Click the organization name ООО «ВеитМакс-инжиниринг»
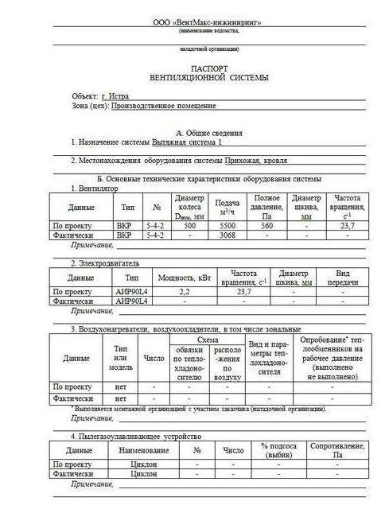tap(207, 25)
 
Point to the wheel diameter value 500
tap(189, 225)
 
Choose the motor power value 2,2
tap(185, 292)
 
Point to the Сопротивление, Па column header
tap(337, 451)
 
